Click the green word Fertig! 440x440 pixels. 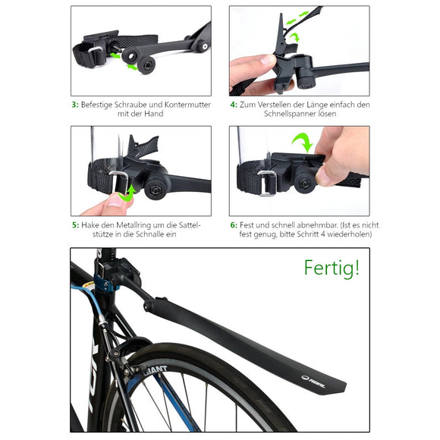[x=332, y=268]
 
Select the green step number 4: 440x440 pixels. [x=234, y=104]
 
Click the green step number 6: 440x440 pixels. [x=234, y=225]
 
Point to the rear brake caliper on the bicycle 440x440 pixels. [x=121, y=348]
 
